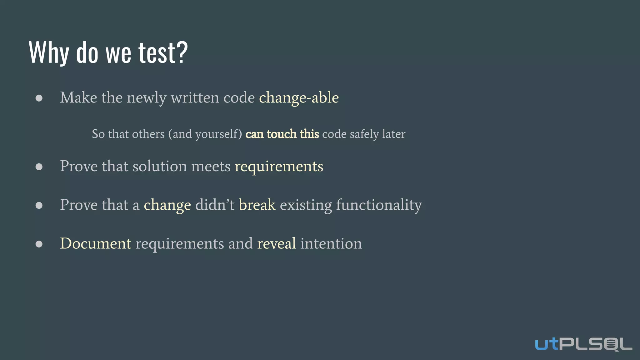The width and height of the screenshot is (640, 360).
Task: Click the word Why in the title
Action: coord(48,52)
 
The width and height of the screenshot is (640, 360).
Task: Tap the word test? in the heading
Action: coord(163,52)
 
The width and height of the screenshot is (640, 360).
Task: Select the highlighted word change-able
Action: coord(299,98)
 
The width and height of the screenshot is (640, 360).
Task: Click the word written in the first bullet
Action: coord(195,98)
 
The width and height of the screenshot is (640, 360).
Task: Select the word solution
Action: coord(160,166)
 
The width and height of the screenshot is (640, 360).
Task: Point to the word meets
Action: coord(211,166)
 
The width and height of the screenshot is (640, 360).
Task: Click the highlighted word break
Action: coord(257,205)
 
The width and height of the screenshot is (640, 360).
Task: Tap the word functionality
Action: coord(379,205)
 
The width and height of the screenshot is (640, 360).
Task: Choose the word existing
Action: coord(306,205)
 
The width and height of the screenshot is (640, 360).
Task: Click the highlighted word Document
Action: coord(96,243)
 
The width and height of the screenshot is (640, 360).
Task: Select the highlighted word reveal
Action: coord(277,243)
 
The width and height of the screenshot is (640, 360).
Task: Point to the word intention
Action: coord(331,243)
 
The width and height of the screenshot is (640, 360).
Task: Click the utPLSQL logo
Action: coord(583,344)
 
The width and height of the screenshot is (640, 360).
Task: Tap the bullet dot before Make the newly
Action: coord(39,98)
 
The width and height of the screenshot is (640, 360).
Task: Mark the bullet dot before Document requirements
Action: coord(39,244)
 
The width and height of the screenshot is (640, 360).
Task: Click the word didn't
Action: coord(215,205)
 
